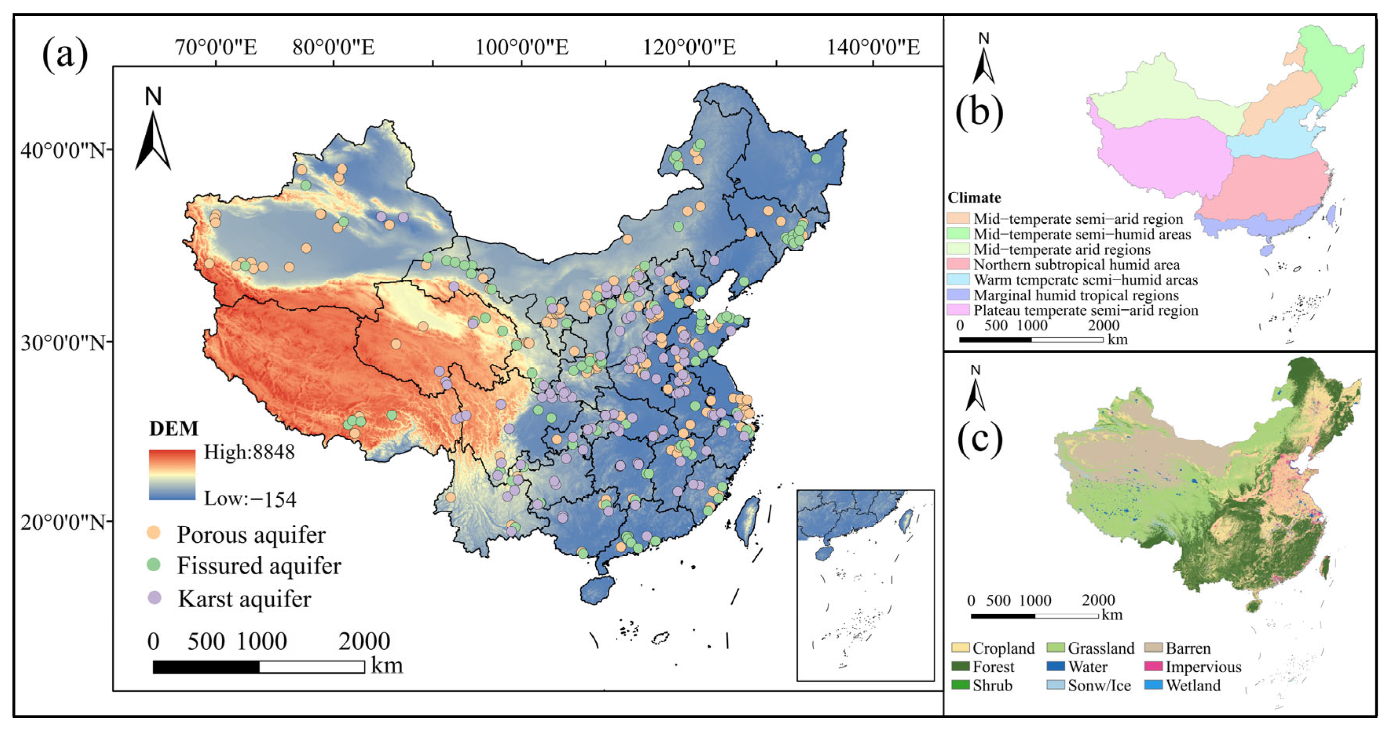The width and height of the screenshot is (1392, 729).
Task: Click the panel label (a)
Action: click(65, 54)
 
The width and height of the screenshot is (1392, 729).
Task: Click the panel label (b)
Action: click(979, 112)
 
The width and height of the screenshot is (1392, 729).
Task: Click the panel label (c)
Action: click(980, 439)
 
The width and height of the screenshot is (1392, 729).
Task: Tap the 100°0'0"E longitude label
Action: click(521, 48)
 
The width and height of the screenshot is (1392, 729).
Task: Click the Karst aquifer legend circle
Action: click(155, 597)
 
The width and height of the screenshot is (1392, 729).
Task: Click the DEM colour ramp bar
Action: click(172, 475)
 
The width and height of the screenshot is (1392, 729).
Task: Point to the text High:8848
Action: click(249, 452)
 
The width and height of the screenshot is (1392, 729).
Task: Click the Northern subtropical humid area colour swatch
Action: click(958, 264)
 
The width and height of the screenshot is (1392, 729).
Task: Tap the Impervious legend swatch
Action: click(1153, 666)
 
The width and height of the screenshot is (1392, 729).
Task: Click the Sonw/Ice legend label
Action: click(1099, 685)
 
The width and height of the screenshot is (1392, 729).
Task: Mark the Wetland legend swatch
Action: click(1153, 685)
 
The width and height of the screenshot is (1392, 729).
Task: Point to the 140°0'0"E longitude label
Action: click(873, 48)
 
